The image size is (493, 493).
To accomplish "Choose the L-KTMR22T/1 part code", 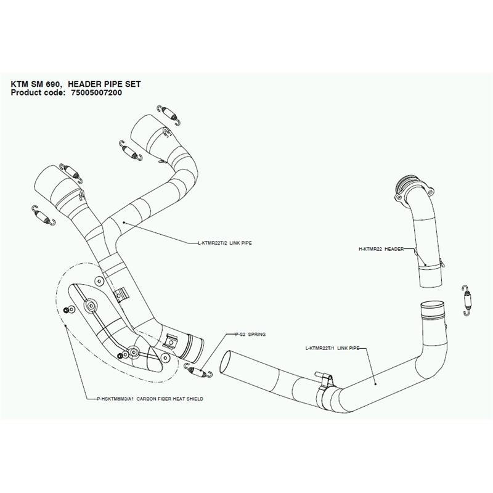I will tap(322, 349).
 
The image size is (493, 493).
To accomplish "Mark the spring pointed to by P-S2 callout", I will tap(197, 369).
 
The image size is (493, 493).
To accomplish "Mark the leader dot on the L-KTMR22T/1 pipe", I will tap(377, 383).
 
